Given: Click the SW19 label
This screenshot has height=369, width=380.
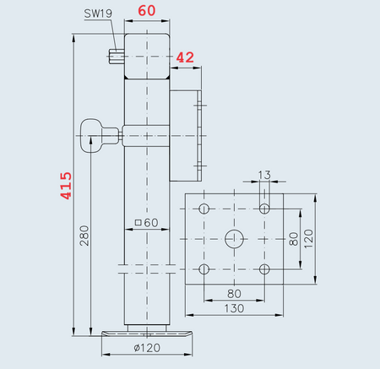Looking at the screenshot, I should pos(99,14).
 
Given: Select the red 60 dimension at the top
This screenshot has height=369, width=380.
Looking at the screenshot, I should pos(146,12).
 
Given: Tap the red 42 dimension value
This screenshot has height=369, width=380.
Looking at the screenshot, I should pos(184,57).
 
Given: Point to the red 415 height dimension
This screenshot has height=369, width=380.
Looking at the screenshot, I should pos(65,186).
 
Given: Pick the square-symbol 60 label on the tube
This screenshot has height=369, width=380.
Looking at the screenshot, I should pos(147,223).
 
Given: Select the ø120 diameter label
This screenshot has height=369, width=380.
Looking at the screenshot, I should pos(148,348).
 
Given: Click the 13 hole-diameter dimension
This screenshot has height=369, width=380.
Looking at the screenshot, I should pos(264,176).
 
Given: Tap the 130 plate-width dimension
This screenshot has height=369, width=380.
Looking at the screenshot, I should pos(235,308).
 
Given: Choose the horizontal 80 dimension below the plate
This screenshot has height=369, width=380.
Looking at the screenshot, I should pos(235,293).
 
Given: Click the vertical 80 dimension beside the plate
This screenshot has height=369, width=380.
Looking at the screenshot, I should pos(293,238).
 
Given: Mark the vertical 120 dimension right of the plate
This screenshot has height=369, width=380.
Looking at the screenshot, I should pos(309,238).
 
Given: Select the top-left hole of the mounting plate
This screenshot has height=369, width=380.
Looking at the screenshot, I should pos(204,208).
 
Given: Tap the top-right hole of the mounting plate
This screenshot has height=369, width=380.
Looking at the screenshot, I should pos(265,208).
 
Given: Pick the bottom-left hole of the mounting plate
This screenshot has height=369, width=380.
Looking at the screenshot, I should pos(204,269).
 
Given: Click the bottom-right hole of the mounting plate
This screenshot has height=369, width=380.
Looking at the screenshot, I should pos(265,269).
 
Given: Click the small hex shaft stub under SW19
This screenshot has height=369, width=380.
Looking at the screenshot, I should pos(117,57).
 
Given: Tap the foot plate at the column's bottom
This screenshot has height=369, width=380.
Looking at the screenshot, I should pos(147,333).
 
